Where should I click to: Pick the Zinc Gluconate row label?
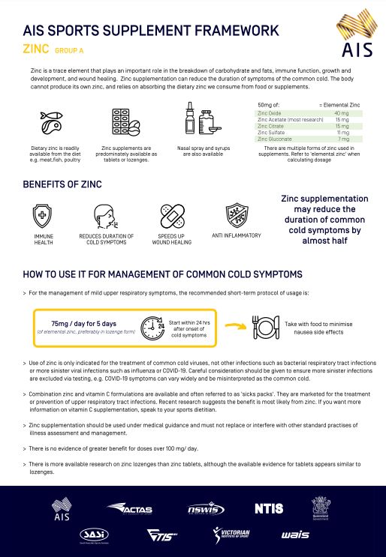point(276,139)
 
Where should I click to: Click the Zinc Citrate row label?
point(271,126)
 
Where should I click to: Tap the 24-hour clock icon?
point(153,306)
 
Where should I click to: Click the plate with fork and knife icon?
point(266,307)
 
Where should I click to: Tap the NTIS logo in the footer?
point(268,508)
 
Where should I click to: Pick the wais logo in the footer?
point(294,535)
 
